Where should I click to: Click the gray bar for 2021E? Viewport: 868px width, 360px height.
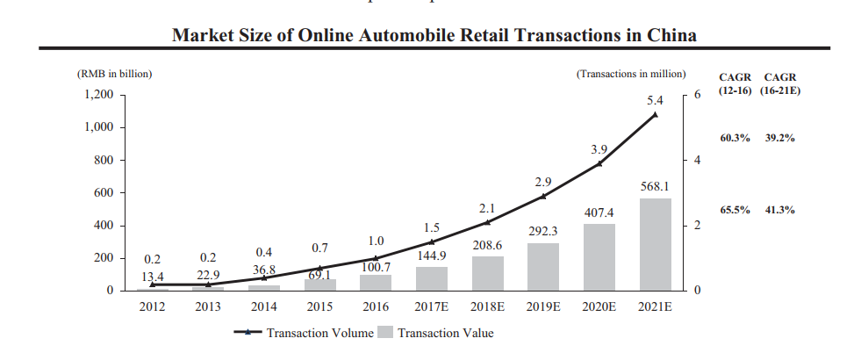tap(655, 244)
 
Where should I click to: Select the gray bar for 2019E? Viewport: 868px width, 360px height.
tap(542, 266)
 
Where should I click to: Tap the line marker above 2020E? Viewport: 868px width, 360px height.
tap(599, 163)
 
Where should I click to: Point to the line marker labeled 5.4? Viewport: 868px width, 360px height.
tap(655, 114)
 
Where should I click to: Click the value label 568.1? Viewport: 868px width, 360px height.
tap(655, 187)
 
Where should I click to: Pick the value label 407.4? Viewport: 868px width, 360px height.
tap(599, 212)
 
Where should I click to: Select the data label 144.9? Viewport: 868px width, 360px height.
tap(431, 256)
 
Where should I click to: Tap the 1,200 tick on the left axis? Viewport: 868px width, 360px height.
tap(98, 95)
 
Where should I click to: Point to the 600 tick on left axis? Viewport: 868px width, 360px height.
tap(104, 193)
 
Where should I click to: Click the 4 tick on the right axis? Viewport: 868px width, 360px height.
tap(699, 161)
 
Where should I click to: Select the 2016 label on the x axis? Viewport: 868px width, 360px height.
tap(376, 306)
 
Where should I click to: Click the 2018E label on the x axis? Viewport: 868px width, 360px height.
tap(487, 306)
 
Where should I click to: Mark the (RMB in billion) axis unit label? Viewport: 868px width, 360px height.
tap(115, 75)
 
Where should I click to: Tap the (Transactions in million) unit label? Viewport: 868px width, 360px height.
tap(631, 75)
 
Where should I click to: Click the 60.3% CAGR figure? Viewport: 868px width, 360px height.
tap(735, 139)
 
